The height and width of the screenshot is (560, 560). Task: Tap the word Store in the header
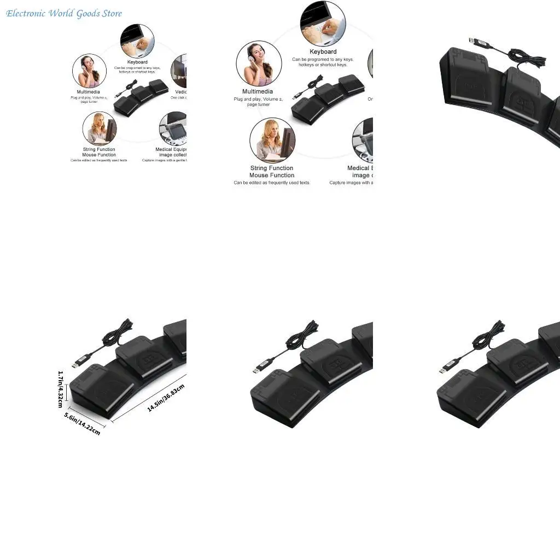click(112, 13)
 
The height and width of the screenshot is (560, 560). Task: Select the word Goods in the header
click(88, 13)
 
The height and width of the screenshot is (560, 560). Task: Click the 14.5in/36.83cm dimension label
click(166, 398)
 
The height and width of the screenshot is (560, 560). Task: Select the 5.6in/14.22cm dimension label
click(82, 424)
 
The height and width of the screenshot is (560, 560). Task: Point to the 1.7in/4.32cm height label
click(61, 389)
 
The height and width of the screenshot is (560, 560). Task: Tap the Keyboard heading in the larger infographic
click(323, 52)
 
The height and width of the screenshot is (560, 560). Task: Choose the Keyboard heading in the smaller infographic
click(137, 62)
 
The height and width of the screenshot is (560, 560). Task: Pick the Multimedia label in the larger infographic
click(258, 91)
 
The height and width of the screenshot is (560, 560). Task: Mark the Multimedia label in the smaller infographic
click(89, 92)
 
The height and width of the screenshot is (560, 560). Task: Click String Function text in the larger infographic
click(272, 168)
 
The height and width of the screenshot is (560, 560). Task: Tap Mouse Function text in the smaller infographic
click(99, 155)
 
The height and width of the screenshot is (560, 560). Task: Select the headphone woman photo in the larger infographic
click(259, 63)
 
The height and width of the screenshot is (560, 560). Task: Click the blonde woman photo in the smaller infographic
click(99, 128)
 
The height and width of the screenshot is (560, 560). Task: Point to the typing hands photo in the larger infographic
click(322, 25)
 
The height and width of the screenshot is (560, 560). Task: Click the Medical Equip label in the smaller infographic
click(171, 149)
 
